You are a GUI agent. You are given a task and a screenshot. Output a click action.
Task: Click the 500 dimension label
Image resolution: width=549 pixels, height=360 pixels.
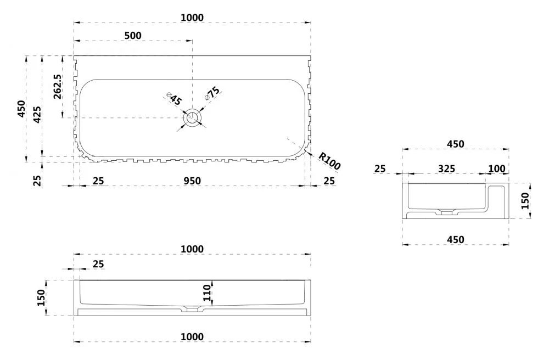pos(133,36)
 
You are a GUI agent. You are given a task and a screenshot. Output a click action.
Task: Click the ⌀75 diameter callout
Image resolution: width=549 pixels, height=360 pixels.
pos(212,92)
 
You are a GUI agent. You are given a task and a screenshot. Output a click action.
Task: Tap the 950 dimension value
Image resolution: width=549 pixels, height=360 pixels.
pos(192,181)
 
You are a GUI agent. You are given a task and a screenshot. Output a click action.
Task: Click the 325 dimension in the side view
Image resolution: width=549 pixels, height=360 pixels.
pos(446,168)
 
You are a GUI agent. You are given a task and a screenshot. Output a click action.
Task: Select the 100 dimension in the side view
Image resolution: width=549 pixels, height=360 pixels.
pos(496,168)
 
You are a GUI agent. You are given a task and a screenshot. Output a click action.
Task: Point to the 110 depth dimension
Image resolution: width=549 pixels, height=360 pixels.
pos(207,294)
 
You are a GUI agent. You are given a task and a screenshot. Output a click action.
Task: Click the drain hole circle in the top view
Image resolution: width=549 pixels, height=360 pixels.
pos(192,117)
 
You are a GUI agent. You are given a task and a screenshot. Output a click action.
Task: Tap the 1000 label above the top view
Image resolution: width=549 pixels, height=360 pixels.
pos(192,18)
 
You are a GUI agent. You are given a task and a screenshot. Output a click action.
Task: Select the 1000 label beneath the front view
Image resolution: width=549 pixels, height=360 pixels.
pos(192,336)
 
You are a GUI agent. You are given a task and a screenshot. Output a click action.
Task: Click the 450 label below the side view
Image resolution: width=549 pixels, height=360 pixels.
pos(455,239)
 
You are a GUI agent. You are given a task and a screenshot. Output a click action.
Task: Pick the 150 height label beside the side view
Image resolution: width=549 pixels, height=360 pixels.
pos(525,201)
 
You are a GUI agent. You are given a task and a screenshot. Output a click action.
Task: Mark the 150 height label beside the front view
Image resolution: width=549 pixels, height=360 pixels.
pos(41,297)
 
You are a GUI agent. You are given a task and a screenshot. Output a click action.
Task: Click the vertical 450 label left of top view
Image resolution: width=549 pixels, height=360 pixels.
pos(21,109)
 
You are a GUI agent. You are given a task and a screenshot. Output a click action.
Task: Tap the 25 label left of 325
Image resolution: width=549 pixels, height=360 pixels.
pos(380,168)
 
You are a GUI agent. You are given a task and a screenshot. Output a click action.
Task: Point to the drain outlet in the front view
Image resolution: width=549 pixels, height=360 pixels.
pos(192,310)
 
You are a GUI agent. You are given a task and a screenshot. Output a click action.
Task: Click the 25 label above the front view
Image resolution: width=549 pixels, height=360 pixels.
pos(98,264)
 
